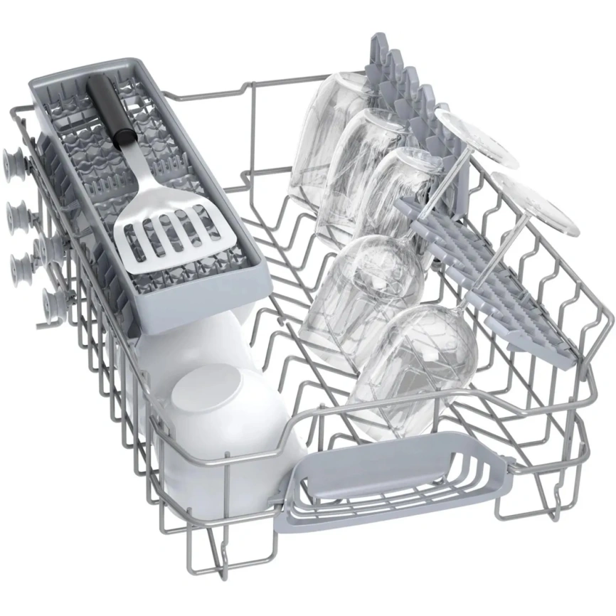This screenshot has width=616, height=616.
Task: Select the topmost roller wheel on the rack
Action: point(12,158)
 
